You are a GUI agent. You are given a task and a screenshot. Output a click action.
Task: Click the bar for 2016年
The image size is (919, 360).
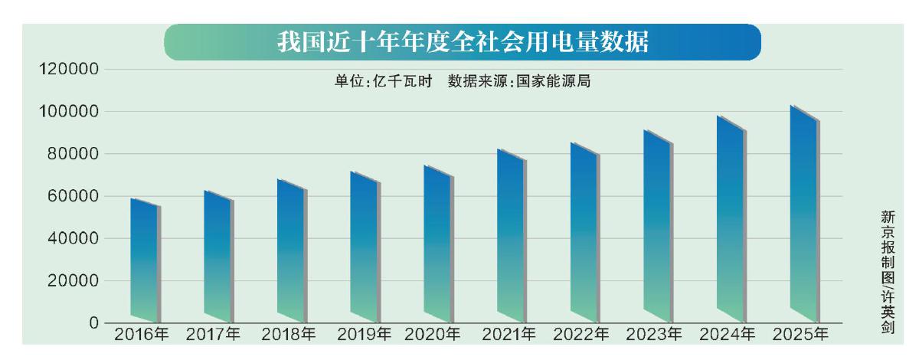[x=145, y=260]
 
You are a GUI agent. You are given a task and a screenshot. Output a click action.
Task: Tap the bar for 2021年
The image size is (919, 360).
[x=511, y=237]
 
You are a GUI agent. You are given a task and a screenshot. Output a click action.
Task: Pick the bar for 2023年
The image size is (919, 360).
[x=658, y=230]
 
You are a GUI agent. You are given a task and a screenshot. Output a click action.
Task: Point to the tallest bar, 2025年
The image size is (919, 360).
[x=805, y=214]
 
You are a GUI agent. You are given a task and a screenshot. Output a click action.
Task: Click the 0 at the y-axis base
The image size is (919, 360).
[x=93, y=322]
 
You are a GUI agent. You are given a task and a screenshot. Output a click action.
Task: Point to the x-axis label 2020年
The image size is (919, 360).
[x=433, y=335]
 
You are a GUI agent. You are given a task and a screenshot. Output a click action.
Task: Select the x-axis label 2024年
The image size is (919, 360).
[x=727, y=335]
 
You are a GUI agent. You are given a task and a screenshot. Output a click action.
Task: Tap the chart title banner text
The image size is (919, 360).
[x=463, y=43]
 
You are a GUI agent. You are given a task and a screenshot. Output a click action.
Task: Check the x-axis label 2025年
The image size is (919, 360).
[x=800, y=335]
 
